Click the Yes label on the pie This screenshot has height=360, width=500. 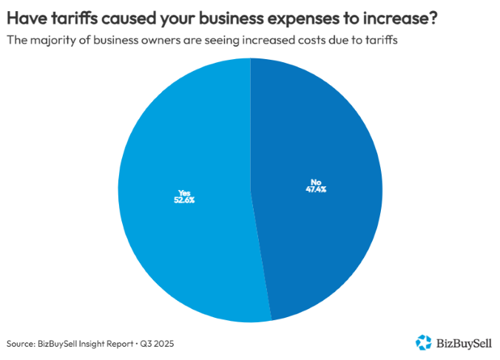(x=178, y=192)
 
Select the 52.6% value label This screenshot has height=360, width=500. (x=178, y=200)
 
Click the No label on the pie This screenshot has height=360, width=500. (x=316, y=181)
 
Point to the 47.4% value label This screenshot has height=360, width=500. (x=316, y=189)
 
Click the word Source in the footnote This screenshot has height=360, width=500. (x=21, y=344)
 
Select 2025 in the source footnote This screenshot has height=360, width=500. (x=165, y=344)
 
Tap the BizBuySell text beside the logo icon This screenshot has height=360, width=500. (x=464, y=342)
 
